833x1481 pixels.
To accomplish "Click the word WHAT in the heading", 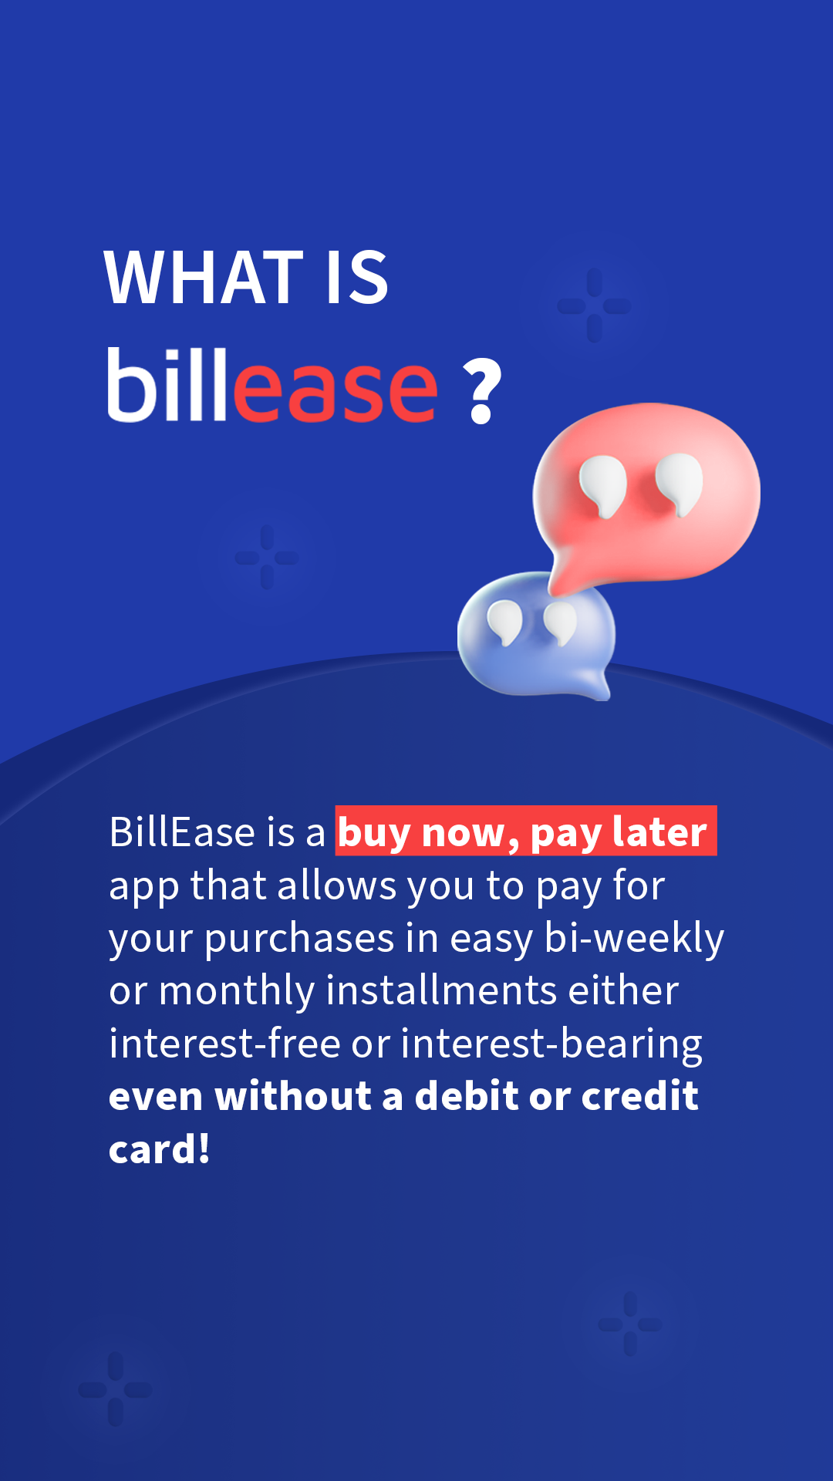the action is tap(204, 278).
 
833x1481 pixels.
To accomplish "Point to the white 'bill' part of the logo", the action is tap(167, 384).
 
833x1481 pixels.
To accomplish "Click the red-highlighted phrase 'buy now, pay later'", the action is tap(526, 832).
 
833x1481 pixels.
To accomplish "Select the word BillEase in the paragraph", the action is tap(182, 832).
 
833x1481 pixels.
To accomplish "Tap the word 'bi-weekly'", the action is tap(634, 939).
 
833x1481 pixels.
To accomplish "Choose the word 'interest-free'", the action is tap(224, 1044).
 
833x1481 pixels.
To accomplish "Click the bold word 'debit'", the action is tap(467, 1096).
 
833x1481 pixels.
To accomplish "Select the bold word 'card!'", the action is tap(160, 1149).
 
